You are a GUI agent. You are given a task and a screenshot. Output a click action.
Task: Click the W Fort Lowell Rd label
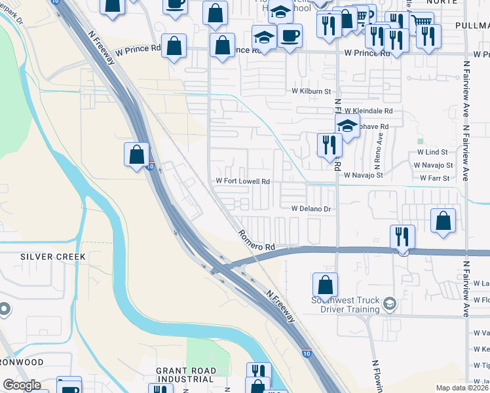coord(243,181)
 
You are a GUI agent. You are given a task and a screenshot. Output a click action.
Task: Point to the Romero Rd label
coord(255,240)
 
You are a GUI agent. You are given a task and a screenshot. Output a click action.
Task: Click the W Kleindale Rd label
coord(368,111)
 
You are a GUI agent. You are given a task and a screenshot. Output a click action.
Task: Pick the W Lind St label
coord(431,152)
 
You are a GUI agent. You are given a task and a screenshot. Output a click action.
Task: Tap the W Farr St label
coord(434,178)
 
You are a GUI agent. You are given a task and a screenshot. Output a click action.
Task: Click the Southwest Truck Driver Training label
coord(354,306)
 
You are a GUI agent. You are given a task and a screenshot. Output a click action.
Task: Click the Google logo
coord(22,385)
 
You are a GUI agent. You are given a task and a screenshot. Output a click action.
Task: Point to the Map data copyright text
coord(462,388)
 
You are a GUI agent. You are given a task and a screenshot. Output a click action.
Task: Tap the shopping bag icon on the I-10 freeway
coord(137,155)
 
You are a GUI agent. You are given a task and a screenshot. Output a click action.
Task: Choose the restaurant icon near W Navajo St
coord(329,145)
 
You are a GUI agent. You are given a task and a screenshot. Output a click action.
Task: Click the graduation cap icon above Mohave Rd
coord(347,126)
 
